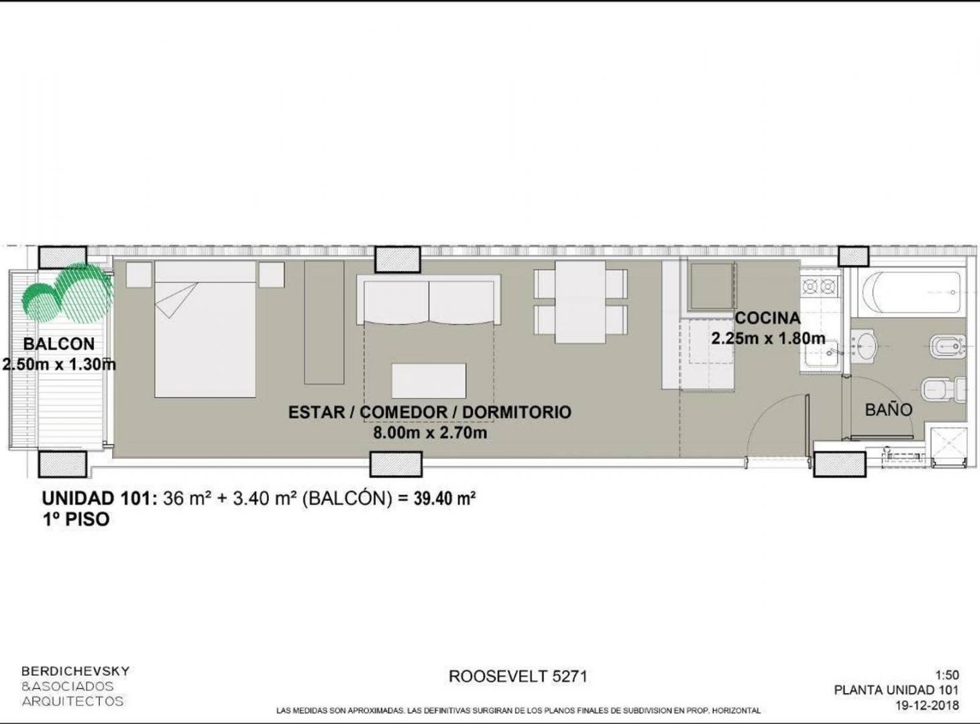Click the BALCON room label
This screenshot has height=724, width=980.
59,344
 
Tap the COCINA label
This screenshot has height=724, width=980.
767,318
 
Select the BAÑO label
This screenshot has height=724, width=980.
889,410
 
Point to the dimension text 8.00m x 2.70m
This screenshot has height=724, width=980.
430,432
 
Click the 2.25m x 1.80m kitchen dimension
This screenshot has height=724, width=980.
768,339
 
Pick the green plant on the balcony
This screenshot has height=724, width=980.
67,292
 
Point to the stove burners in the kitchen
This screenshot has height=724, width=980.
820,287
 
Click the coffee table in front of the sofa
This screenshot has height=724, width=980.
429,380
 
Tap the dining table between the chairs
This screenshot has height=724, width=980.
580,302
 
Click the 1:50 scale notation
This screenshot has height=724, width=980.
947,675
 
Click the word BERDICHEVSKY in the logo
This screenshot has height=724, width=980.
76,671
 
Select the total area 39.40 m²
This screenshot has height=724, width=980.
445,498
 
